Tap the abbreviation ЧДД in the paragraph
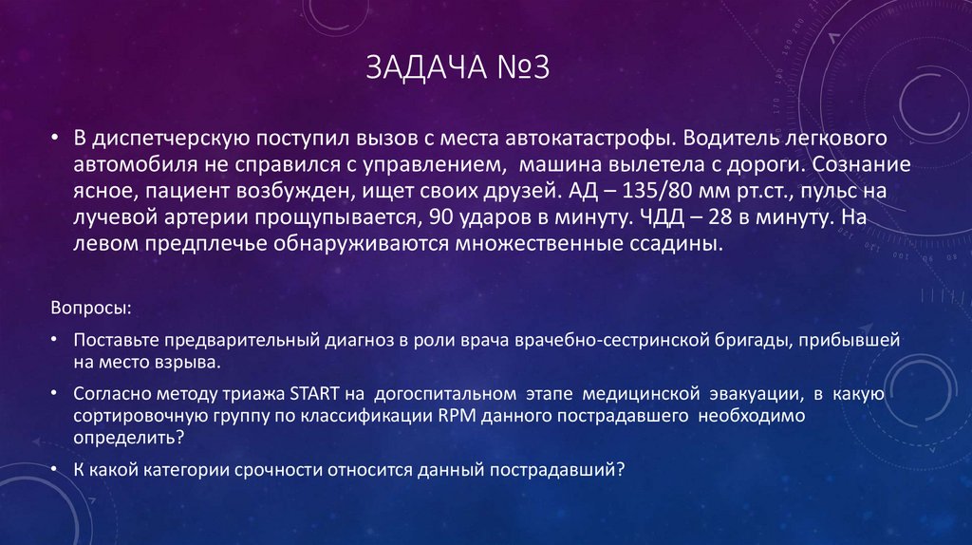coord(657,217)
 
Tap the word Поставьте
coord(115,341)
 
